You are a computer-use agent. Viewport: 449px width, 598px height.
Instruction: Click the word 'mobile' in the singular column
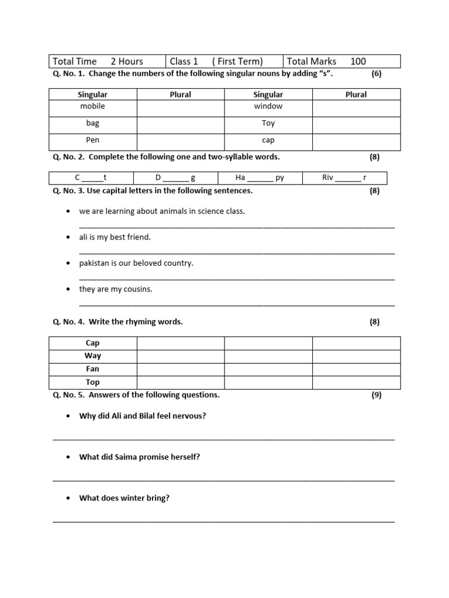pyautogui.click(x=92, y=106)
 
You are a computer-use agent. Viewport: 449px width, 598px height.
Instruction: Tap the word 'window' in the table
pyautogui.click(x=268, y=106)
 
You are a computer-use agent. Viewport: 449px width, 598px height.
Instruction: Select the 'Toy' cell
pyautogui.click(x=268, y=123)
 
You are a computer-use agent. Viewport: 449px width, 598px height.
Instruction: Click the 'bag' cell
pyautogui.click(x=92, y=123)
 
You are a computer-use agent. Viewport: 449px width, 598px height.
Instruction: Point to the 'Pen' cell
pyautogui.click(x=92, y=140)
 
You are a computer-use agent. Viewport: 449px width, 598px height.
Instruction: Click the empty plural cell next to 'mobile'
pyautogui.click(x=180, y=108)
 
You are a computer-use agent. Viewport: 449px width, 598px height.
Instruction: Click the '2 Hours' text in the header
pyautogui.click(x=127, y=61)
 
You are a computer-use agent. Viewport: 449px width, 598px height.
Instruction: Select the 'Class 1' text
pyautogui.click(x=184, y=61)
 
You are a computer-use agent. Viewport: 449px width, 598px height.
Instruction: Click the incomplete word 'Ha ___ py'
pyautogui.click(x=260, y=178)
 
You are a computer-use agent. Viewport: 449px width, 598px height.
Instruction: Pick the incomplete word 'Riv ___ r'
pyautogui.click(x=344, y=178)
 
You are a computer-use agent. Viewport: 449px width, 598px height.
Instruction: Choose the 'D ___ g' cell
pyautogui.click(x=175, y=178)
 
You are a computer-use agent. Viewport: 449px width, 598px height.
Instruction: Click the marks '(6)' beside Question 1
pyautogui.click(x=377, y=74)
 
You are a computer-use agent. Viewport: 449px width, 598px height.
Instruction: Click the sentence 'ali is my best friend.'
pyautogui.click(x=115, y=237)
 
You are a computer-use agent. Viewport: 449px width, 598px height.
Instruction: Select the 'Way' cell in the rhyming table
pyautogui.click(x=92, y=356)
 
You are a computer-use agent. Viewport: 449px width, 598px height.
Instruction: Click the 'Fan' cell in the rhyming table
pyautogui.click(x=92, y=369)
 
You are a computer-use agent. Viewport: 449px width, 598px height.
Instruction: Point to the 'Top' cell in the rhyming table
pyautogui.click(x=92, y=383)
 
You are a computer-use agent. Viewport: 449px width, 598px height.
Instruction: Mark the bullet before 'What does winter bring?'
pyautogui.click(x=68, y=499)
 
